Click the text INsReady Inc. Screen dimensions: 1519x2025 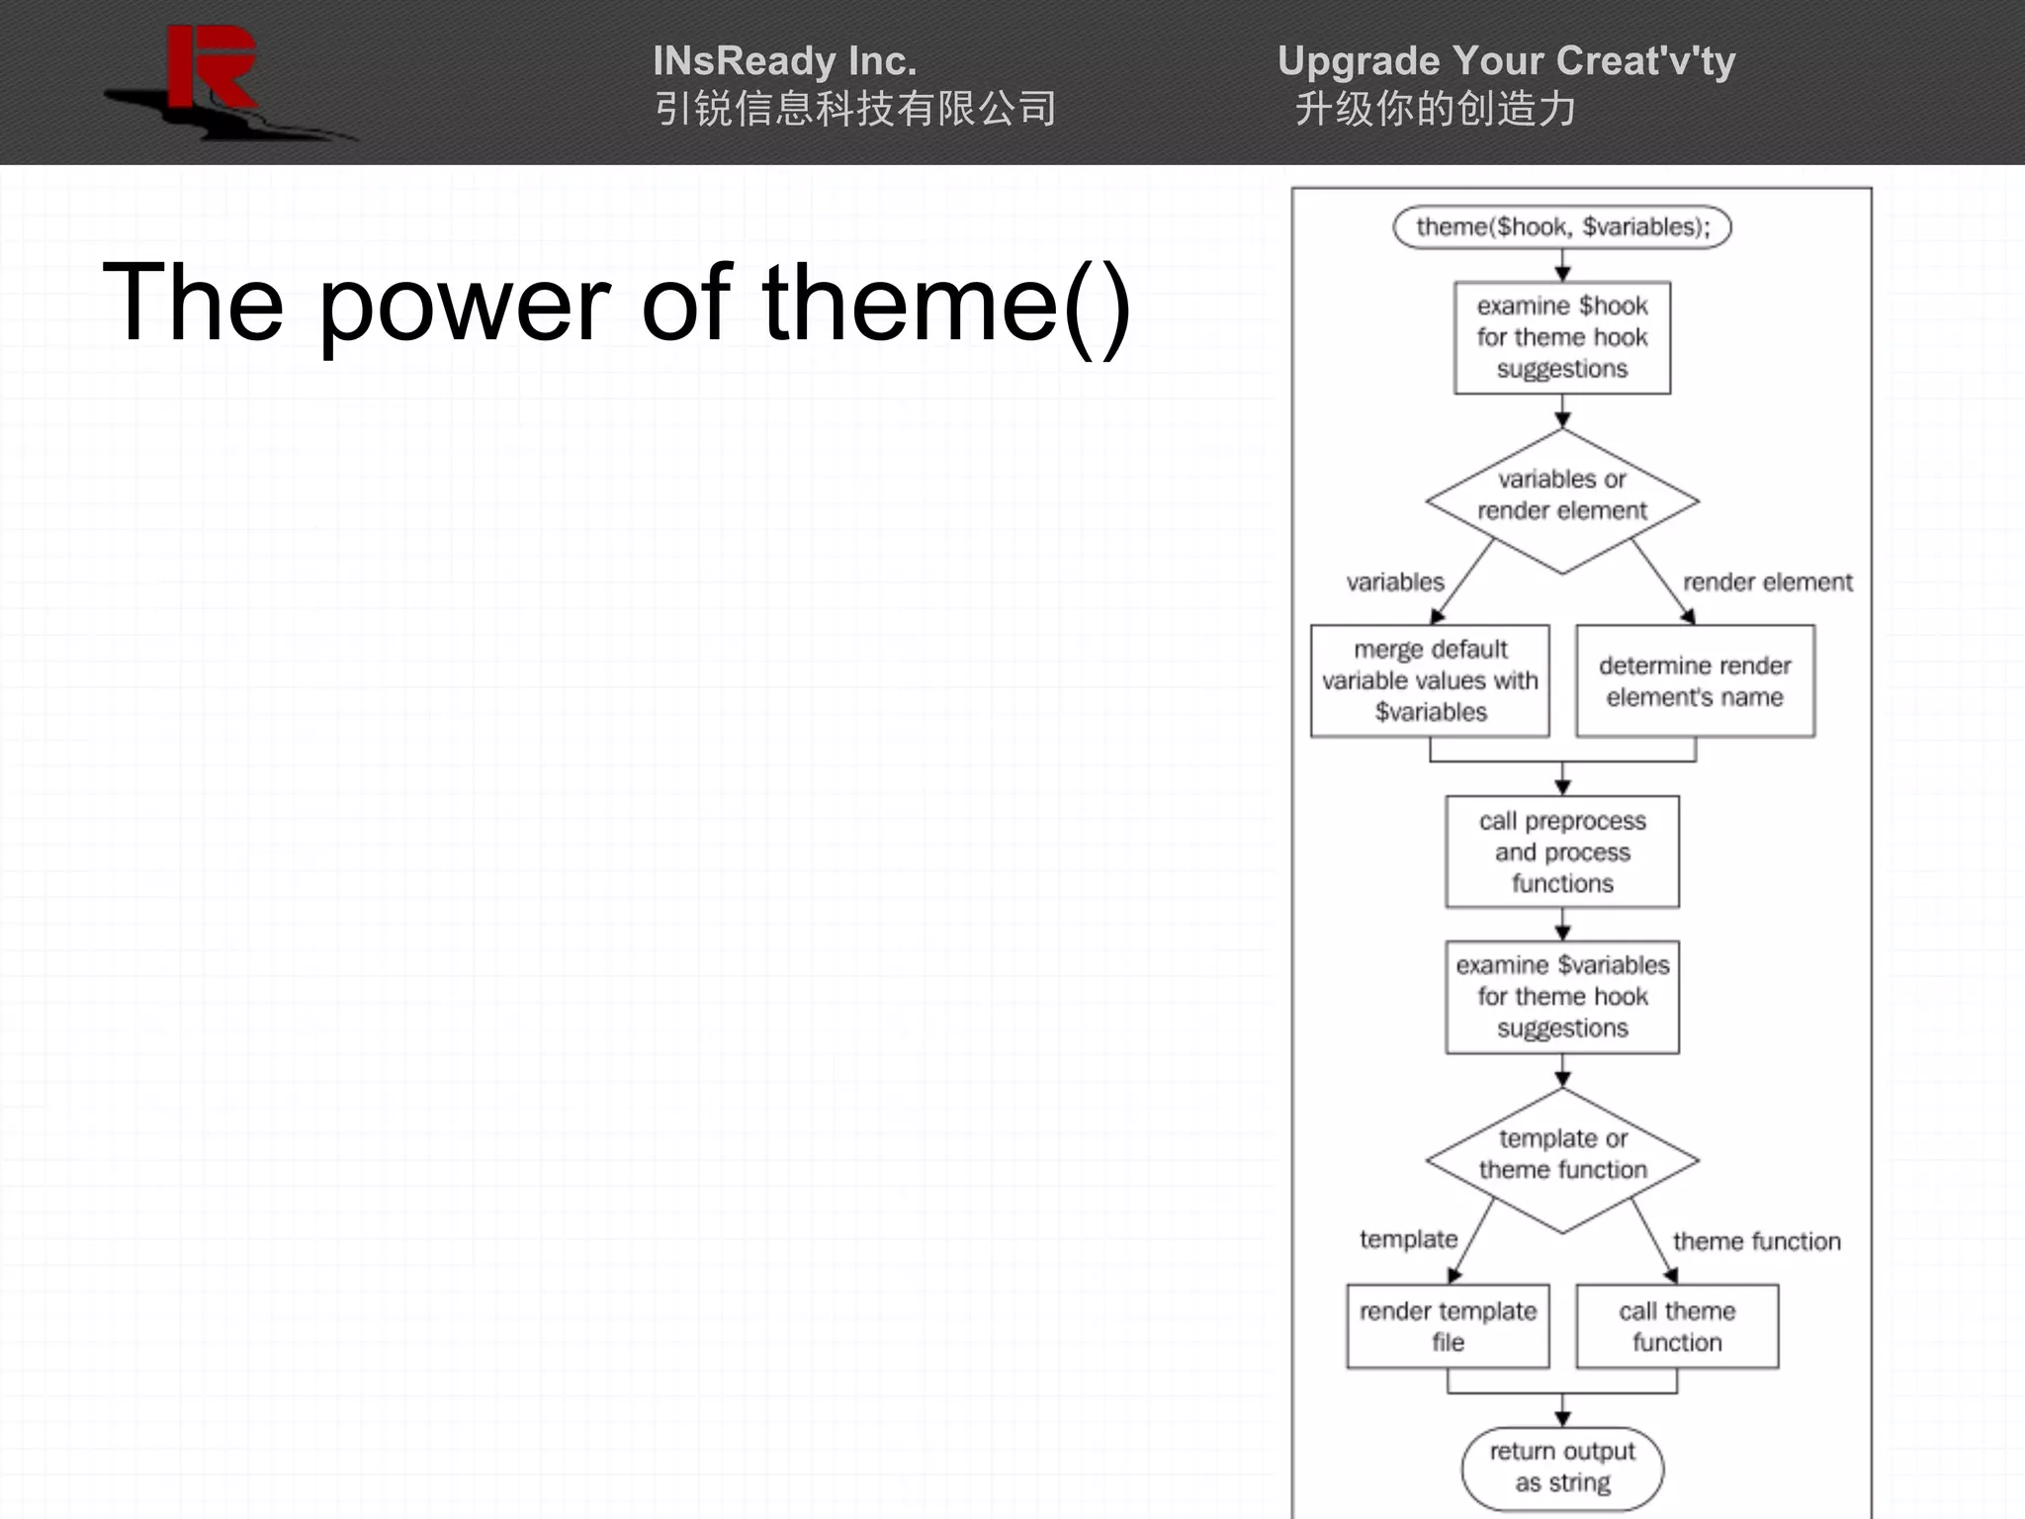[x=784, y=61]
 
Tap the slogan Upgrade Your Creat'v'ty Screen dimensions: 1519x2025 [x=1506, y=61]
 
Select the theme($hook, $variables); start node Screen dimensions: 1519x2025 [x=1561, y=227]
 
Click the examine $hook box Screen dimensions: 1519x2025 [x=1561, y=337]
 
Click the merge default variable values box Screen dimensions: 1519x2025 [x=1430, y=680]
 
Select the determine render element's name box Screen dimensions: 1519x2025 [x=1695, y=680]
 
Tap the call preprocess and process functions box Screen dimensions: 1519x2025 [x=1561, y=851]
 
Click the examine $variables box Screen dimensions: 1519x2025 [x=1561, y=996]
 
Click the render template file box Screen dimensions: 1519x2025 [x=1448, y=1326]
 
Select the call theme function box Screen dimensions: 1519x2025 [x=1677, y=1326]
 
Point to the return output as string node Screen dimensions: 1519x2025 [x=1561, y=1467]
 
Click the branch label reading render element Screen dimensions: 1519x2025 [x=1767, y=582]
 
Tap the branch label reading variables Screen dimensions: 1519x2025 [x=1394, y=582]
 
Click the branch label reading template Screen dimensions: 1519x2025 [x=1408, y=1239]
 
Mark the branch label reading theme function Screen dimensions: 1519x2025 [x=1756, y=1241]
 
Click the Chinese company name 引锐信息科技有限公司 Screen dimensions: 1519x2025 [x=855, y=110]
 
